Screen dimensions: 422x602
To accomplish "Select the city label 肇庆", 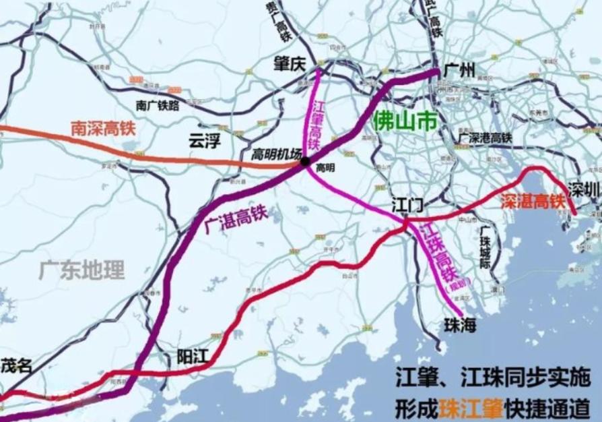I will click(x=290, y=63).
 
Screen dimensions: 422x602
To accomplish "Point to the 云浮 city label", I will click(x=205, y=141).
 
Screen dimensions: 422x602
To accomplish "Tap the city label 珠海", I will click(x=460, y=325).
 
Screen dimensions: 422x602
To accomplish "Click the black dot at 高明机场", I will click(x=305, y=161).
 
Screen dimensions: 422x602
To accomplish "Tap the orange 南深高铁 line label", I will click(x=104, y=128).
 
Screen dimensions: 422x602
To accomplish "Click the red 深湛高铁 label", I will click(x=531, y=201).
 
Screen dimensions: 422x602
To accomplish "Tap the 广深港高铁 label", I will click(x=485, y=138).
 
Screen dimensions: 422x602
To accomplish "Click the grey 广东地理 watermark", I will click(x=81, y=271).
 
